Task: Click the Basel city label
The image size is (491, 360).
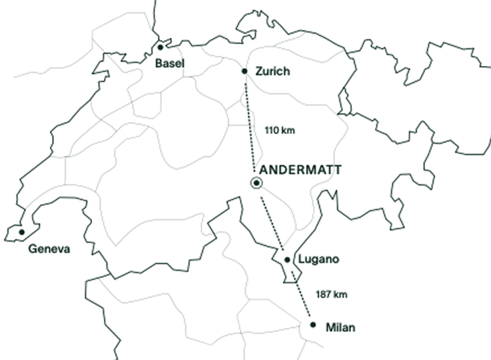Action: [169, 63]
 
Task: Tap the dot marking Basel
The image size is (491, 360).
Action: [160, 47]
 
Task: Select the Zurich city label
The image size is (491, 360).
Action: [272, 71]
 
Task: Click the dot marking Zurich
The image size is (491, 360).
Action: [245, 71]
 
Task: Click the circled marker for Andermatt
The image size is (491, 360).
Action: [256, 184]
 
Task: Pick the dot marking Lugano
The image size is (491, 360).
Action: [286, 259]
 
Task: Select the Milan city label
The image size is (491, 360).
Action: [340, 328]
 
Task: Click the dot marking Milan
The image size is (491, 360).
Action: [313, 325]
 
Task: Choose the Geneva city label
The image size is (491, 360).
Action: [49, 249]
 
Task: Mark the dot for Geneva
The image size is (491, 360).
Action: [21, 232]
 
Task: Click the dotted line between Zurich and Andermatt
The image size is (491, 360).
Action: [250, 127]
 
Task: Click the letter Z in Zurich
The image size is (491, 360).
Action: [259, 71]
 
